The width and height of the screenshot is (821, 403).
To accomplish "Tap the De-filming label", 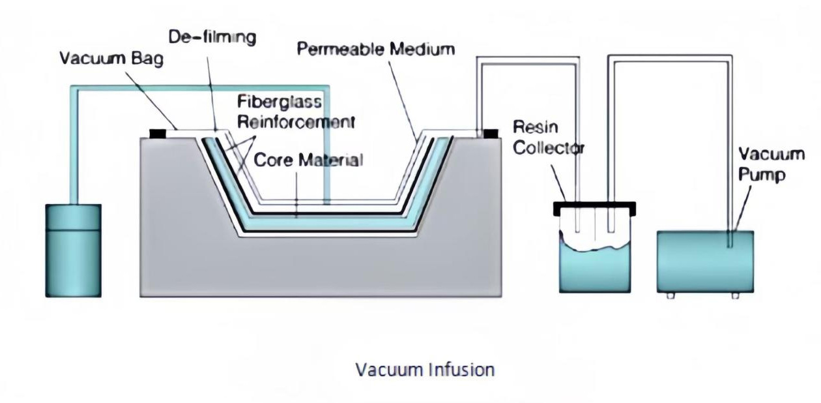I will [212, 37].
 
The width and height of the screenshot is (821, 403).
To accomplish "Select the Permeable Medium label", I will [376, 50].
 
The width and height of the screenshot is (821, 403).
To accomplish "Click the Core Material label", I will [308, 160].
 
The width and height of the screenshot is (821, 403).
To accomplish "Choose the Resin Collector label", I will [548, 137].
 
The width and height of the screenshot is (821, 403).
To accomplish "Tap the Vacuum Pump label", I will [771, 165].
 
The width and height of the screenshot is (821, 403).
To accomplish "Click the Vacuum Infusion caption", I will [425, 370].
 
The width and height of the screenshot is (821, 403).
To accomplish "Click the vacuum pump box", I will [705, 261].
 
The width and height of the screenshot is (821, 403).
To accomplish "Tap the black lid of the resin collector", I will [594, 209].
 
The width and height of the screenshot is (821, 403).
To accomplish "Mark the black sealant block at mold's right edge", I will [490, 134].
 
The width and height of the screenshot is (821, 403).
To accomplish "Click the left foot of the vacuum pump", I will [671, 295].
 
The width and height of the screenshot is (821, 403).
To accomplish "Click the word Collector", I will [548, 147].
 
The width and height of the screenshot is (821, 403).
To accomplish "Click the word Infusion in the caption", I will [461, 370].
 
